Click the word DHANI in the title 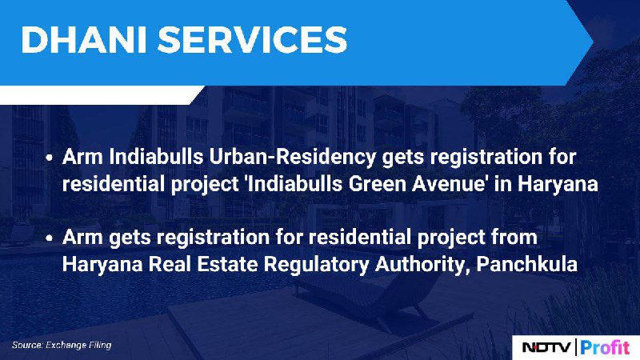click(84, 39)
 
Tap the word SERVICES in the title click(252, 39)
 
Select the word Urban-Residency click(293, 157)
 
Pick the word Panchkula click(527, 265)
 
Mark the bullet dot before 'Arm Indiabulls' click(50, 158)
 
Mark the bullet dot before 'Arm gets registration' click(50, 238)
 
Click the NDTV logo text click(546, 347)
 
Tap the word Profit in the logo click(606, 348)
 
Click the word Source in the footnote click(27, 346)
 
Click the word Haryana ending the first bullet click(558, 185)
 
